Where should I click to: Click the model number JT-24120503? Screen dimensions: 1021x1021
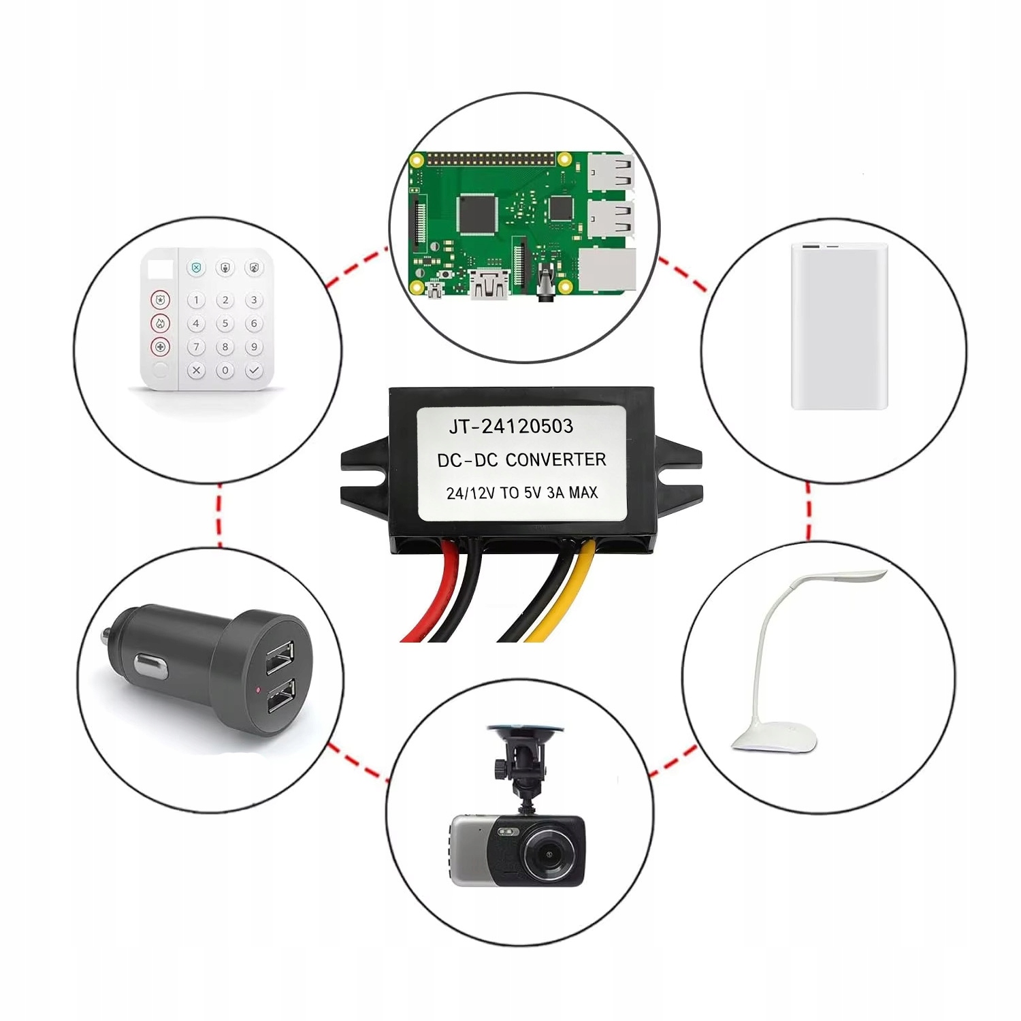(x=511, y=427)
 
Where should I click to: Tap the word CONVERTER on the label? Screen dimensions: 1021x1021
(x=555, y=460)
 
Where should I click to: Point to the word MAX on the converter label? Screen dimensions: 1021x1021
(x=583, y=492)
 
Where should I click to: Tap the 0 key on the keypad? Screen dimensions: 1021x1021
(x=225, y=371)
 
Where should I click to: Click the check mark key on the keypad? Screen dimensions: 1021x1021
(x=254, y=371)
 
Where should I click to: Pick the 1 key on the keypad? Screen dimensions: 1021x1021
(x=196, y=299)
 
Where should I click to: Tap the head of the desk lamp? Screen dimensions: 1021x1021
(x=844, y=577)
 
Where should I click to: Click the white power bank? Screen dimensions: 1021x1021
(x=839, y=327)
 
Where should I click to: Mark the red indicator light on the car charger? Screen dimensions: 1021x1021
(x=259, y=690)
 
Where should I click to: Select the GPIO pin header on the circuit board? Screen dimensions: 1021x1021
(x=490, y=159)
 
